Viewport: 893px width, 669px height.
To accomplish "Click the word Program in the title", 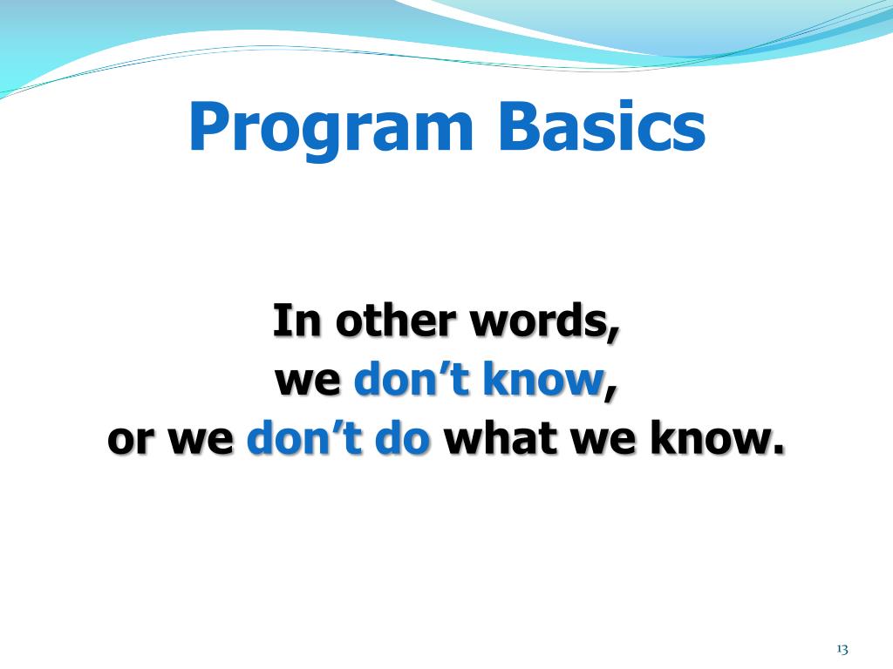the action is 331,129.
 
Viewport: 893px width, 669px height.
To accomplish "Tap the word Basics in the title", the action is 602,126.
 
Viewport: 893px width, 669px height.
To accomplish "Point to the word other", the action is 395,320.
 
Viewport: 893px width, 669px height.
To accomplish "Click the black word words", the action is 539,320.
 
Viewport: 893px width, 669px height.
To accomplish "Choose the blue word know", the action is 543,378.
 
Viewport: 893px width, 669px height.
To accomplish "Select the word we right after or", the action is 201,440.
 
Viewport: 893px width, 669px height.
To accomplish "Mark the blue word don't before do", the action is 304,437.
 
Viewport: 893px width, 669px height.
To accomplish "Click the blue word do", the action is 402,437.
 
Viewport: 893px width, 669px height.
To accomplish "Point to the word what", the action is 501,437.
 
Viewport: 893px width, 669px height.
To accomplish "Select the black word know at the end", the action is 710,437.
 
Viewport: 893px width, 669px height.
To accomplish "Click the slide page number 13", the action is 842,648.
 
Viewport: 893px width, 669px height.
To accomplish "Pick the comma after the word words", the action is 614,334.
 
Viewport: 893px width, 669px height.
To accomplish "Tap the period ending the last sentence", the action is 778,449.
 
